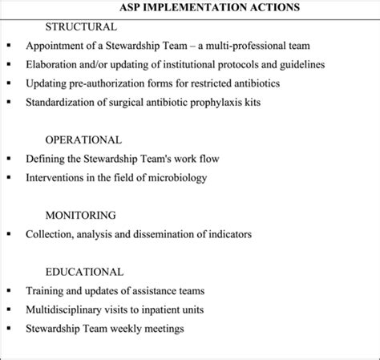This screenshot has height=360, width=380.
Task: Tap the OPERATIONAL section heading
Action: coord(83,140)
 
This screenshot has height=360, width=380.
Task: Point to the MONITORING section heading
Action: coord(80,216)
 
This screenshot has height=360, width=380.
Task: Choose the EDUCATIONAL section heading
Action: coord(84,272)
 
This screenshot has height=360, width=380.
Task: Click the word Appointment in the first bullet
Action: coord(58,46)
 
